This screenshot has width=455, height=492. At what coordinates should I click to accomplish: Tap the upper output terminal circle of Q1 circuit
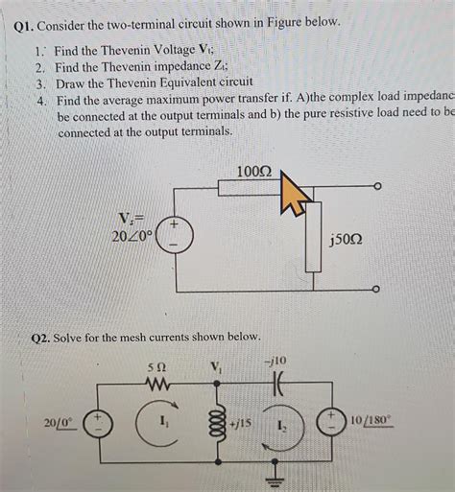(x=377, y=186)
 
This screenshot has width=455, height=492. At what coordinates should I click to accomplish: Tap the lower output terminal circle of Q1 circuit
(x=377, y=289)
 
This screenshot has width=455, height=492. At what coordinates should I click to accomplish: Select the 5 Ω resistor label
(x=158, y=367)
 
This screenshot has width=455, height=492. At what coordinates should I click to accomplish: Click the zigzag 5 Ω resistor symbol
(x=158, y=385)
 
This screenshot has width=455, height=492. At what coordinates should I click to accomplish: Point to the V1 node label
(x=215, y=367)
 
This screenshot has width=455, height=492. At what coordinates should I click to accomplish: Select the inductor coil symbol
(x=215, y=423)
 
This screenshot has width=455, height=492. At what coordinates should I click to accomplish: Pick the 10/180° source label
(x=370, y=420)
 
